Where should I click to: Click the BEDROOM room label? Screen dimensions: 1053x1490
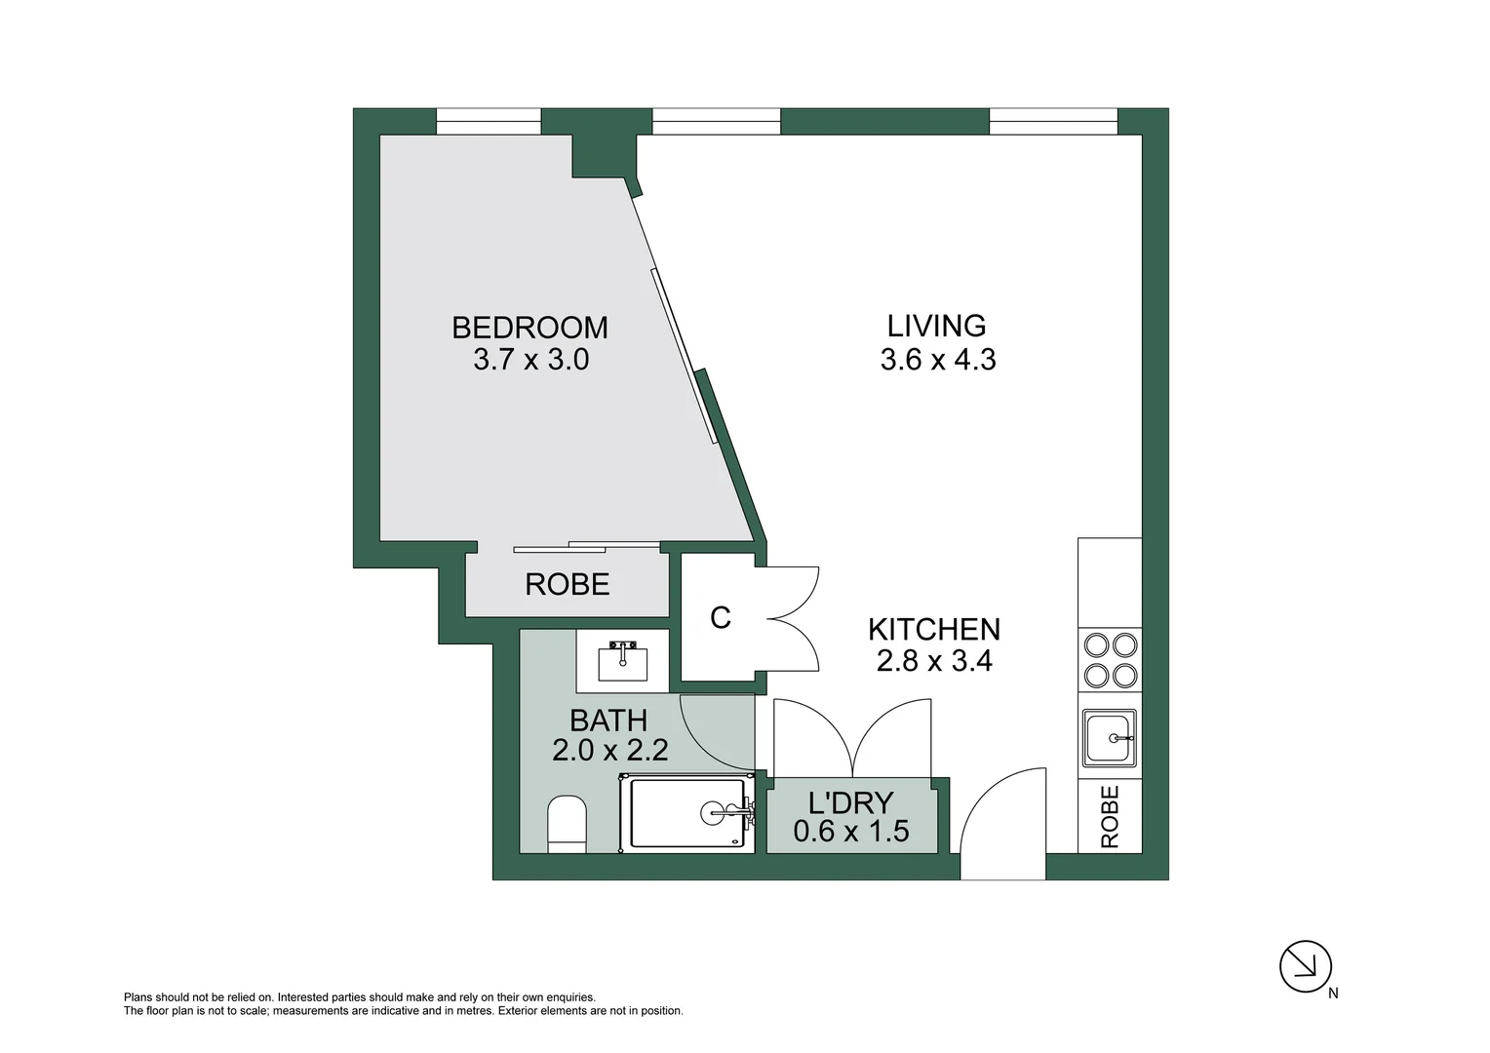[529, 327]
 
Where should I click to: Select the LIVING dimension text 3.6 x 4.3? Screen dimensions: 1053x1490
[937, 360]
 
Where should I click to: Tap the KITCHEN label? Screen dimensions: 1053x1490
[933, 629]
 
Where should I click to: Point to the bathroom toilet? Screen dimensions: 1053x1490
[567, 824]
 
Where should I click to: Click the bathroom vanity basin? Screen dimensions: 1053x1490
[622, 662]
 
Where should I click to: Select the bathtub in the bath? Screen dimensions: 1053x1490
[687, 812]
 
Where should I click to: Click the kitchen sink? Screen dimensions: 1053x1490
[1109, 737]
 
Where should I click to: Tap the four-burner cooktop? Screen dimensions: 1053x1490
[1111, 660]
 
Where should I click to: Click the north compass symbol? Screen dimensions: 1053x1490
[1305, 966]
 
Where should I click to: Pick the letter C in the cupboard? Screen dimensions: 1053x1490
[720, 618]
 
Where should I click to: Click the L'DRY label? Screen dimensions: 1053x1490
[850, 802]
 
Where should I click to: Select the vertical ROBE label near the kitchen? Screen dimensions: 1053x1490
[1110, 817]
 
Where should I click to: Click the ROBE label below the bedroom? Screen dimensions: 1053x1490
[567, 584]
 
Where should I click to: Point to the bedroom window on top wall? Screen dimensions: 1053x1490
[488, 122]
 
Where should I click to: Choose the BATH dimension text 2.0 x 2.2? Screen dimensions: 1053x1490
[609, 751]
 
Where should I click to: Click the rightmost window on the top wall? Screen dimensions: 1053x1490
[1052, 122]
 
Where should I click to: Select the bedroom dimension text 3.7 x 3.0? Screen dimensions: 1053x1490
[530, 360]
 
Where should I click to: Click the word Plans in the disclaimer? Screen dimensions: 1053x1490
[138, 997]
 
